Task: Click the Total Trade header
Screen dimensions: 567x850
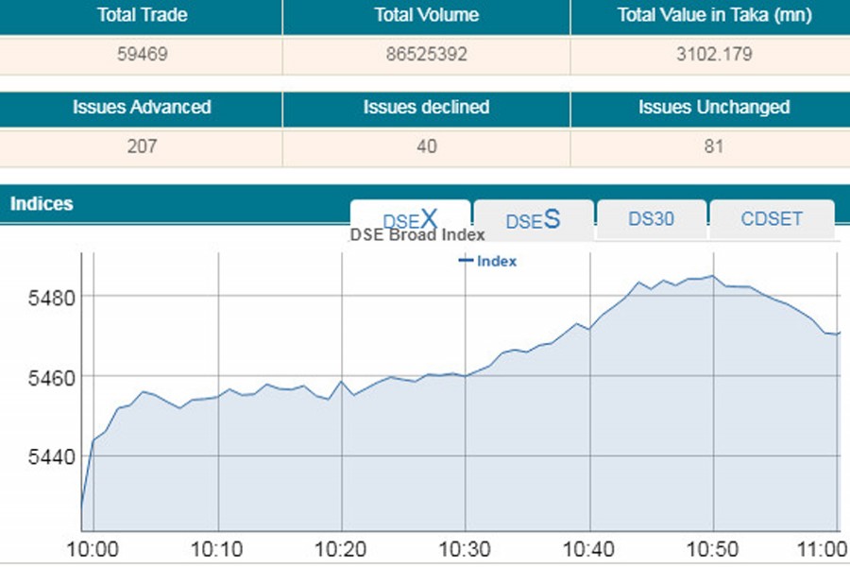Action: [141, 15]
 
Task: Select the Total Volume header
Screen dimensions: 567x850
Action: [426, 15]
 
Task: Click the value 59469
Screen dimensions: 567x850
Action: [141, 54]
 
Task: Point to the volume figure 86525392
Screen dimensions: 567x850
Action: [426, 54]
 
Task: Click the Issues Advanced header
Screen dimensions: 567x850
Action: [141, 107]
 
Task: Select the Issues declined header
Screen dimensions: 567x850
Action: [426, 107]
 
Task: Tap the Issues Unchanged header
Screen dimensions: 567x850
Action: [713, 107]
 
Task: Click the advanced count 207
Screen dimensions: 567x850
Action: [141, 146]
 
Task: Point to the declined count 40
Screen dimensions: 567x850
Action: [426, 146]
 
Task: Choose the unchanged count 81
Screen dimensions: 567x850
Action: [713, 146]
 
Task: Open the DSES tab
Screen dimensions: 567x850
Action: [533, 220]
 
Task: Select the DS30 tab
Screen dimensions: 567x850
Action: [651, 218]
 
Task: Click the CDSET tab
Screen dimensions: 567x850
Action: [772, 218]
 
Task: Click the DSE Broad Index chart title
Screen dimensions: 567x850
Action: [417, 234]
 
